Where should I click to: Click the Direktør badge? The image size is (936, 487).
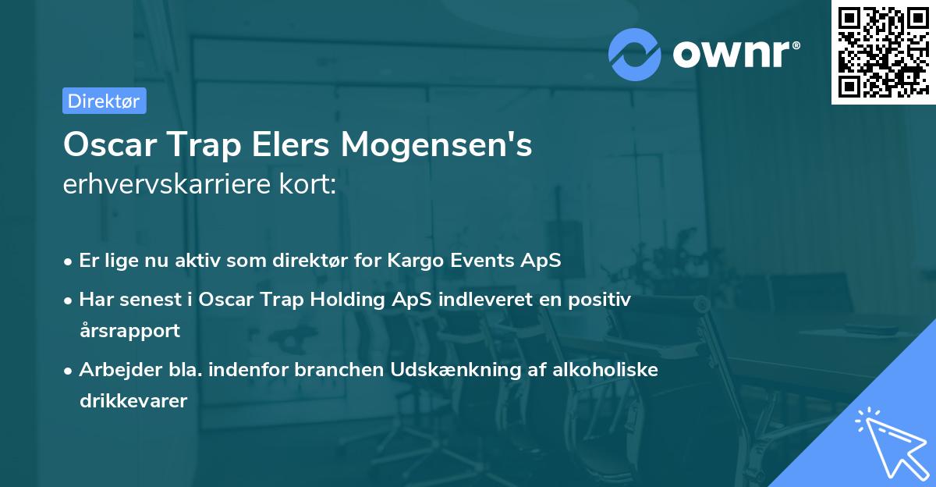(104, 101)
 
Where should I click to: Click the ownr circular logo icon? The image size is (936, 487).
(635, 54)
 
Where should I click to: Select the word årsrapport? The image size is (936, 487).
(129, 330)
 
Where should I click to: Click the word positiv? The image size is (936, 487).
(600, 300)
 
